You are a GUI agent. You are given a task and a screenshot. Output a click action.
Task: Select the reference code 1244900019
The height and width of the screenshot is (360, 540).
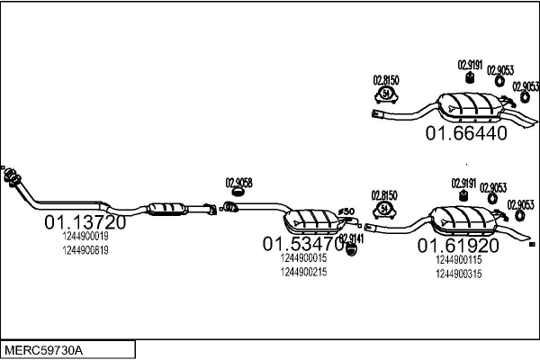click(x=85, y=237)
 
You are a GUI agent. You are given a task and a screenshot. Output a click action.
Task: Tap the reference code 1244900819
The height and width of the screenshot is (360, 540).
click(x=85, y=251)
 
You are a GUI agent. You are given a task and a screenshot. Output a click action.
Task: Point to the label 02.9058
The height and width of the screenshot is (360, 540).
click(x=238, y=183)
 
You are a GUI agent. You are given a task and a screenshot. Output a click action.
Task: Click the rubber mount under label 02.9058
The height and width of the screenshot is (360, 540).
click(x=238, y=193)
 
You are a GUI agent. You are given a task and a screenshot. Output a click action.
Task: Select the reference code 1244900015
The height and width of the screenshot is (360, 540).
click(x=303, y=257)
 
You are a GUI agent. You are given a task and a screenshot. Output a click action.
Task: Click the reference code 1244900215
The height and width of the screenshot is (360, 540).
click(x=303, y=272)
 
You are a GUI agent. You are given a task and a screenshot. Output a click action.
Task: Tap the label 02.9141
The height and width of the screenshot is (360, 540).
click(x=351, y=238)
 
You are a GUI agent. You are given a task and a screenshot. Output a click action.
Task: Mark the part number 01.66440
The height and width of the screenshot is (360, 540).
click(x=466, y=133)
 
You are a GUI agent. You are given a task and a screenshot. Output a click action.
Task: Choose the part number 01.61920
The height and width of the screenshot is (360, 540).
click(x=457, y=246)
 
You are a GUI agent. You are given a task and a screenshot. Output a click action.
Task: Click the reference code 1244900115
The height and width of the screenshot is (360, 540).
click(x=458, y=260)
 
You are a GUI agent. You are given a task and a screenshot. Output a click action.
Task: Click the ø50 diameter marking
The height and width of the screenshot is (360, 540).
click(x=346, y=211)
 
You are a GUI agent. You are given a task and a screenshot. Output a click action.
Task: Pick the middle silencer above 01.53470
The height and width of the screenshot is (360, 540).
click(x=310, y=219)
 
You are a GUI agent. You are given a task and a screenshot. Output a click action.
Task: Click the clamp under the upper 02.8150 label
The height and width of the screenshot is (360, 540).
click(x=386, y=94)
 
